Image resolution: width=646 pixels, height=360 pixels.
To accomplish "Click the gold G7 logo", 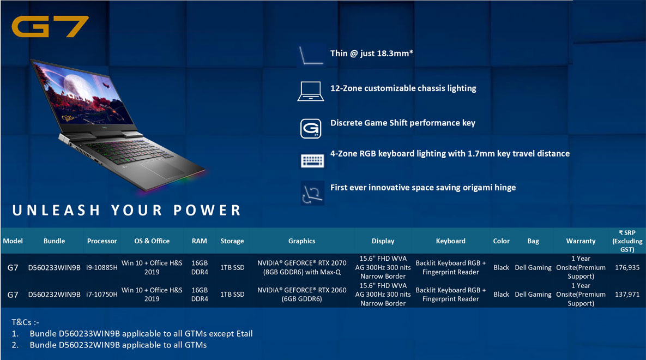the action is pos(50,26).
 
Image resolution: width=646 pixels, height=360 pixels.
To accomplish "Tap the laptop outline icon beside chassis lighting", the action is pos(311,91).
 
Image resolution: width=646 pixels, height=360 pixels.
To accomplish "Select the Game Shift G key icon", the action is pos(311,128).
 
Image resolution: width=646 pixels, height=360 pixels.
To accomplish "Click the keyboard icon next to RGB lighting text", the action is pos(312,161).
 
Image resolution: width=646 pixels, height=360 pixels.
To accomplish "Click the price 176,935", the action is pos(627,268).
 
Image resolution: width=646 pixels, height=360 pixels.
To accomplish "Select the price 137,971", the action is pos(627,295).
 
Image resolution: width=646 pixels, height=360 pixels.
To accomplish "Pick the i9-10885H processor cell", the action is pos(102,268).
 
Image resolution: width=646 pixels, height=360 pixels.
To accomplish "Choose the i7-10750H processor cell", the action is pos(102,295).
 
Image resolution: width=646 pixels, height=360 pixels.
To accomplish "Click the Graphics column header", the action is pos(301,241).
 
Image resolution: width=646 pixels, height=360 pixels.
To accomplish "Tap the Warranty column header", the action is pos(581,241).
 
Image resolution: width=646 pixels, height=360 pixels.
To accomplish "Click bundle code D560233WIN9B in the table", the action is pos(54,268).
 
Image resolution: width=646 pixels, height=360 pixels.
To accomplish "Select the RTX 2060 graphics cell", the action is pos(301,295).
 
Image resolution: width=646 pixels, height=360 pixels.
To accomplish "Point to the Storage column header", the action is pos(232,241).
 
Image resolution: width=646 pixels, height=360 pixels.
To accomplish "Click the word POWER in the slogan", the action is pos(207,211).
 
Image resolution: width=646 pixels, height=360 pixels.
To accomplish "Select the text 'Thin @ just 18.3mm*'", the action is pos(371,53).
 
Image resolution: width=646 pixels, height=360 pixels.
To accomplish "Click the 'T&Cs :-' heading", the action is pos(25,322).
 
